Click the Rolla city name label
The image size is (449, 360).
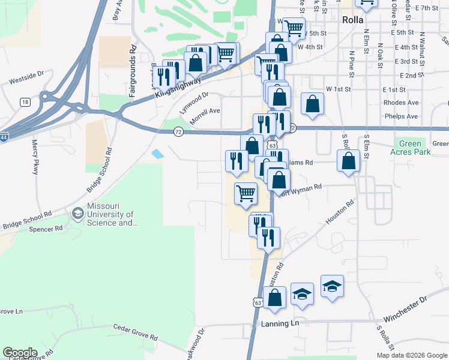click(x=353, y=20)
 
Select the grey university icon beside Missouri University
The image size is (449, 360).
click(x=77, y=214)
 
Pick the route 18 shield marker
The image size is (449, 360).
click(x=25, y=102)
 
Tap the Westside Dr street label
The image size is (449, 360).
click(x=26, y=77)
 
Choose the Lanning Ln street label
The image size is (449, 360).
click(x=280, y=324)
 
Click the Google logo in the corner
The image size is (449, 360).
click(x=20, y=353)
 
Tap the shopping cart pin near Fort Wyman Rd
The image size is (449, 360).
click(x=245, y=194)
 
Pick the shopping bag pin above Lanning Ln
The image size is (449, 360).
click(x=274, y=298)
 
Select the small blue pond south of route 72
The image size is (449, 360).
click(x=157, y=154)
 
